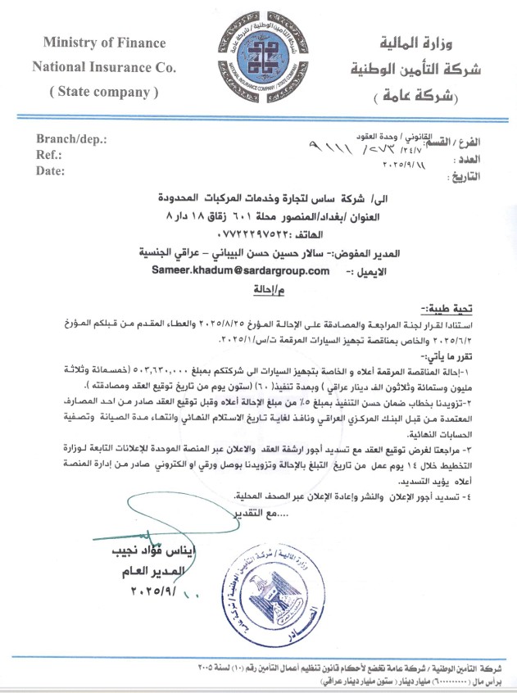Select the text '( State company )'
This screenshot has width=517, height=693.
pyautogui.click(x=103, y=92)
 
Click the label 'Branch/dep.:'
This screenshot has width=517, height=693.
pyautogui.click(x=71, y=140)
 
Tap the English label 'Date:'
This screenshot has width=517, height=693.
pyautogui.click(x=50, y=171)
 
